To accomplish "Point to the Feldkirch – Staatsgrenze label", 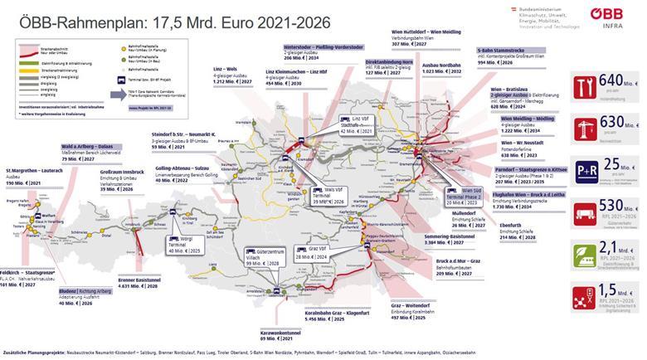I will (30, 270).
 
